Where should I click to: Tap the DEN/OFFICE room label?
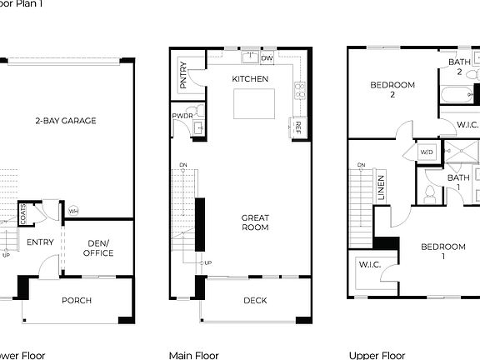99,248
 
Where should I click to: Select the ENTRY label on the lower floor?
40,242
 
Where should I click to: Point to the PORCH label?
77,300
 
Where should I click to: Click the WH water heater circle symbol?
73,210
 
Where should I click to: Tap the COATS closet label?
24,212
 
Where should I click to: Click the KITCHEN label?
250,79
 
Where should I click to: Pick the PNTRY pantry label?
183,74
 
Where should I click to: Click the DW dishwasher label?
267,59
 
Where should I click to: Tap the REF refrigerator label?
297,127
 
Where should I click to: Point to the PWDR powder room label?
182,116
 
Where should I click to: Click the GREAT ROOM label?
255,222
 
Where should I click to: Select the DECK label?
255,300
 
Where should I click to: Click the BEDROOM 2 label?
392,89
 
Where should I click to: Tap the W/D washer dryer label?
427,152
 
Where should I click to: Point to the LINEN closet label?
381,187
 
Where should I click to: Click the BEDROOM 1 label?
442,251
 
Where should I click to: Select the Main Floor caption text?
193,355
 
